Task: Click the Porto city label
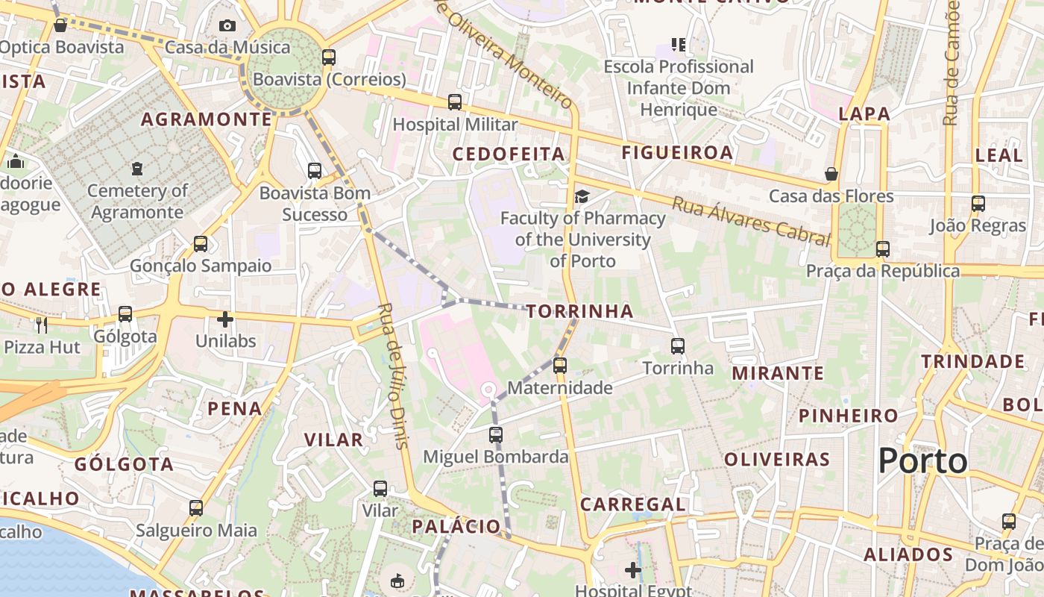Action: click(x=922, y=460)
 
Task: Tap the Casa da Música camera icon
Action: click(x=227, y=26)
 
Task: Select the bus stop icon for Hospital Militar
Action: click(x=454, y=102)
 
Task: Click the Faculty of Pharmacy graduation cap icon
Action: click(x=582, y=196)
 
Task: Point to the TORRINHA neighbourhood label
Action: click(x=579, y=311)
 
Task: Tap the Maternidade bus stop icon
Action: click(x=559, y=365)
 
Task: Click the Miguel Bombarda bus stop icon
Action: click(x=496, y=434)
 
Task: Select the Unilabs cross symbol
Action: click(x=225, y=319)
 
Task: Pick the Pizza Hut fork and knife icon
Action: click(x=42, y=325)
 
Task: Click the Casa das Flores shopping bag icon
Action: click(x=831, y=174)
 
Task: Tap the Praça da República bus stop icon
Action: click(x=883, y=249)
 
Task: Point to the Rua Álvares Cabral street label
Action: click(x=751, y=221)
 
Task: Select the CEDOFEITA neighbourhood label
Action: click(x=509, y=154)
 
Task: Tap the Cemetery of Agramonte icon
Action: click(x=136, y=169)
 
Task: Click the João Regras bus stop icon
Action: click(x=978, y=203)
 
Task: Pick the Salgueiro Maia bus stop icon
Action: click(x=196, y=508)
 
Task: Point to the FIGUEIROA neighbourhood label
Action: click(x=677, y=152)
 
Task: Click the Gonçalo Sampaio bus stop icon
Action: click(x=200, y=243)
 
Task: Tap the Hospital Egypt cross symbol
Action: click(x=633, y=571)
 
